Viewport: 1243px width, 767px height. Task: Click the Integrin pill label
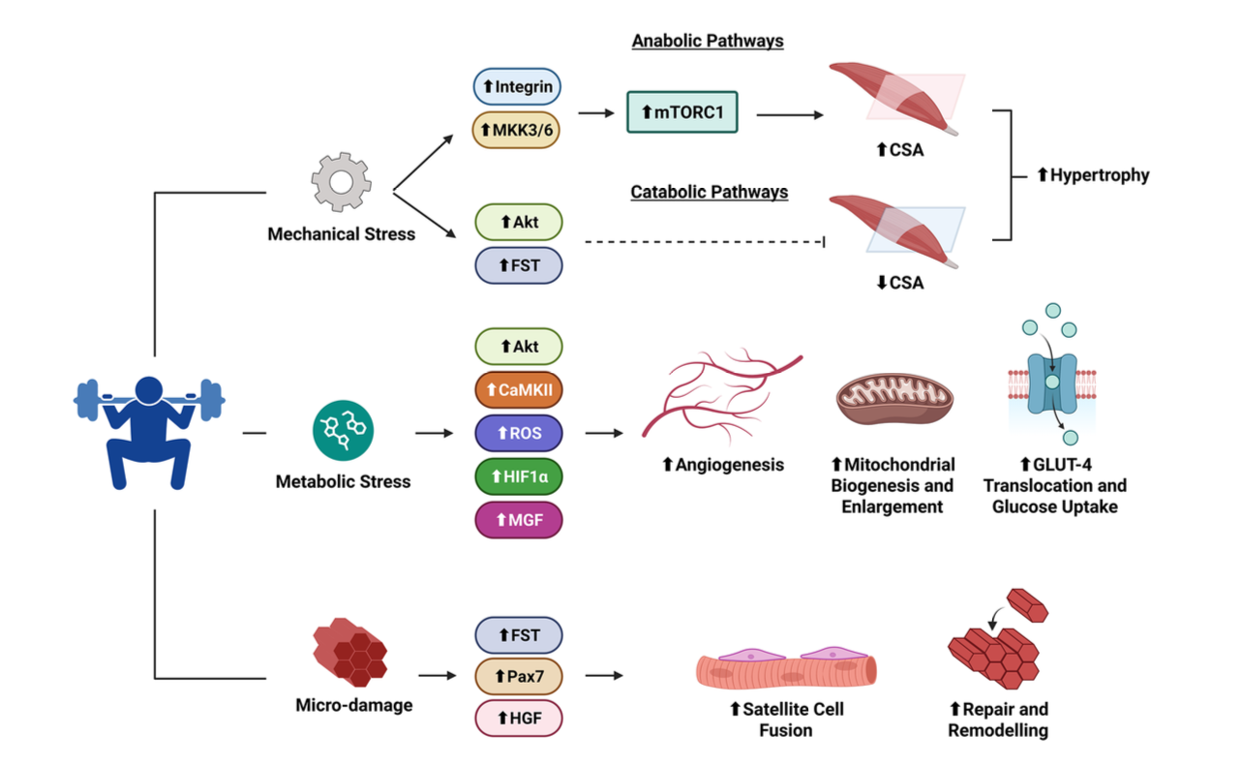point(517,86)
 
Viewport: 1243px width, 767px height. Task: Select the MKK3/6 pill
point(516,130)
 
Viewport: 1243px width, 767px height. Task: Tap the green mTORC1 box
point(682,112)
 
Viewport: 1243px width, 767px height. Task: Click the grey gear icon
point(341,182)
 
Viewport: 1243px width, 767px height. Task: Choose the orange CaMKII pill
point(518,389)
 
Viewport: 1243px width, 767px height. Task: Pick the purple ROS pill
point(518,433)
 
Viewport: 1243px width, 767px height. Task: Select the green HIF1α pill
point(518,476)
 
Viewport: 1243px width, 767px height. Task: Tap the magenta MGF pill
point(518,520)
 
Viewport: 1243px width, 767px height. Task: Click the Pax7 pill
point(518,676)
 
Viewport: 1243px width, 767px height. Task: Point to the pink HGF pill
point(518,719)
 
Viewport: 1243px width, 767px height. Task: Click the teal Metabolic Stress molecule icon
point(343,431)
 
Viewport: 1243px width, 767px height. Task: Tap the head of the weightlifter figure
point(149,390)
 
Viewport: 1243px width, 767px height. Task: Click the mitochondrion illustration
point(894,398)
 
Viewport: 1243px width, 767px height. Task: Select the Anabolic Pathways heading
point(708,41)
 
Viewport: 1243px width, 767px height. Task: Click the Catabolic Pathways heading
point(710,192)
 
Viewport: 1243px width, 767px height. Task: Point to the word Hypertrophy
point(1100,175)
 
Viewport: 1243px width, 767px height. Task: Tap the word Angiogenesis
point(730,465)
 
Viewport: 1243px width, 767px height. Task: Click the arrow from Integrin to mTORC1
point(596,113)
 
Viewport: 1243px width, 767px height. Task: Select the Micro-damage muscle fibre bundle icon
point(350,652)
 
